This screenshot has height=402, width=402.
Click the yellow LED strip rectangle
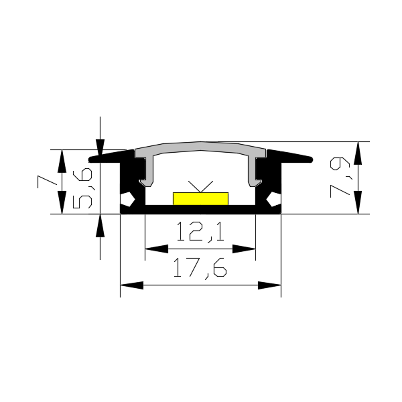tap(200, 199)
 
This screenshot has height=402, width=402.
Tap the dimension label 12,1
tap(200, 232)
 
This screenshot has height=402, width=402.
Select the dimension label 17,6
tap(200, 268)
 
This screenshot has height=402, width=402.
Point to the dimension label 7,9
tap(340, 178)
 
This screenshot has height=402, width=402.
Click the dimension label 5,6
tap(82, 188)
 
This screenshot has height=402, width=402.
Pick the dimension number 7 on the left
tap(47, 182)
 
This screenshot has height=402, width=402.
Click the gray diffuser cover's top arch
tap(200, 146)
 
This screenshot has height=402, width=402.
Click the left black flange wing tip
tap(90, 159)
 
